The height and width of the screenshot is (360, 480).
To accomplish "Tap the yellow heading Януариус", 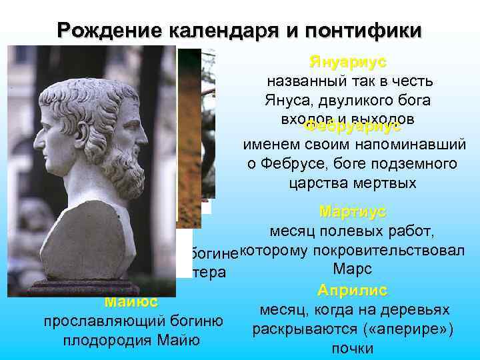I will click(347, 62).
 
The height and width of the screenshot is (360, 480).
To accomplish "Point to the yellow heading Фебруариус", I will click(351, 126).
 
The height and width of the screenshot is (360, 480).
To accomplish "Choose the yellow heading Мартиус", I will click(352, 211).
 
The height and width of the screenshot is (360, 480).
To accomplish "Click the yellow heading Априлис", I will click(352, 291).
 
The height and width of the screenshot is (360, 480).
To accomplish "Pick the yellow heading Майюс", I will click(131, 302).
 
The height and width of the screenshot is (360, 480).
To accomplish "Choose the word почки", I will click(352, 349).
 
